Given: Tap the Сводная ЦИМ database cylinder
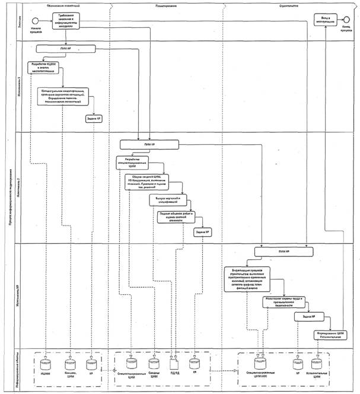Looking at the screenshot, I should coord(154,361).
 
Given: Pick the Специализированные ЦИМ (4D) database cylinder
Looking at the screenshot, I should coord(257,361).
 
